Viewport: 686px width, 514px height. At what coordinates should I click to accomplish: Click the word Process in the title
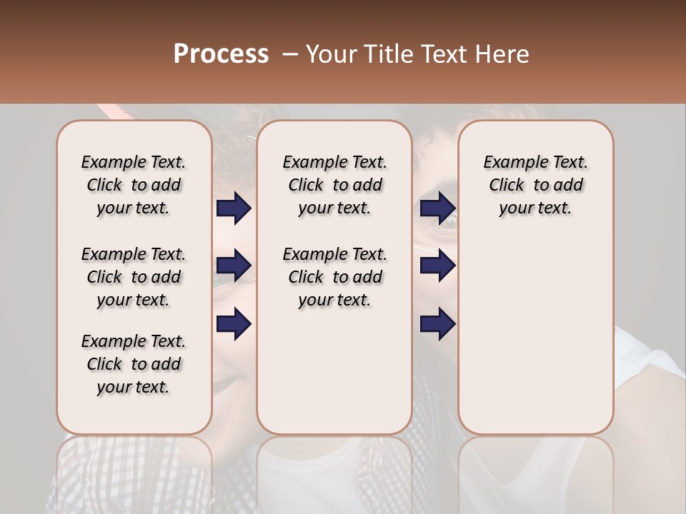pos(221,54)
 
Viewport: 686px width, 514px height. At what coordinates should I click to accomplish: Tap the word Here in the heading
pos(500,54)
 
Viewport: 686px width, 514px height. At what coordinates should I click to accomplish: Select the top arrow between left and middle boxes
pos(234,208)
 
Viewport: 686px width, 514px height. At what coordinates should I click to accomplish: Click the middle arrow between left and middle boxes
pos(234,266)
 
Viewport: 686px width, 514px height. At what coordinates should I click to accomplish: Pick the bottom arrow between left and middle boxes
pos(234,324)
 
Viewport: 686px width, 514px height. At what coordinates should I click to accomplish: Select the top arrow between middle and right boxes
pos(437,208)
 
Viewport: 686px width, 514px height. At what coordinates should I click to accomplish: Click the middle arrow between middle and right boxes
pos(437,266)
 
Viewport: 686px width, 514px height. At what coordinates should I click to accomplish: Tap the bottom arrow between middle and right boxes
pos(437,324)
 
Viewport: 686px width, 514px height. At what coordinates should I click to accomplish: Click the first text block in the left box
pos(134,185)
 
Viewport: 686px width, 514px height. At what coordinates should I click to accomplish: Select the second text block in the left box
pos(134,277)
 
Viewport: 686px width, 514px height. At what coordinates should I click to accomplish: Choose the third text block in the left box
pos(134,364)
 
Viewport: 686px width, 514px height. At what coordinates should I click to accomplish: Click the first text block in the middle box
pos(334,185)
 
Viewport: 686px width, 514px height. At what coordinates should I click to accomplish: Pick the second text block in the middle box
pos(334,277)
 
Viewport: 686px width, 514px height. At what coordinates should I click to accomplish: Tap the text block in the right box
pos(535,185)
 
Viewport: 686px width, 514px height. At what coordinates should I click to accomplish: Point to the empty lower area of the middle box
pos(334,371)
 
